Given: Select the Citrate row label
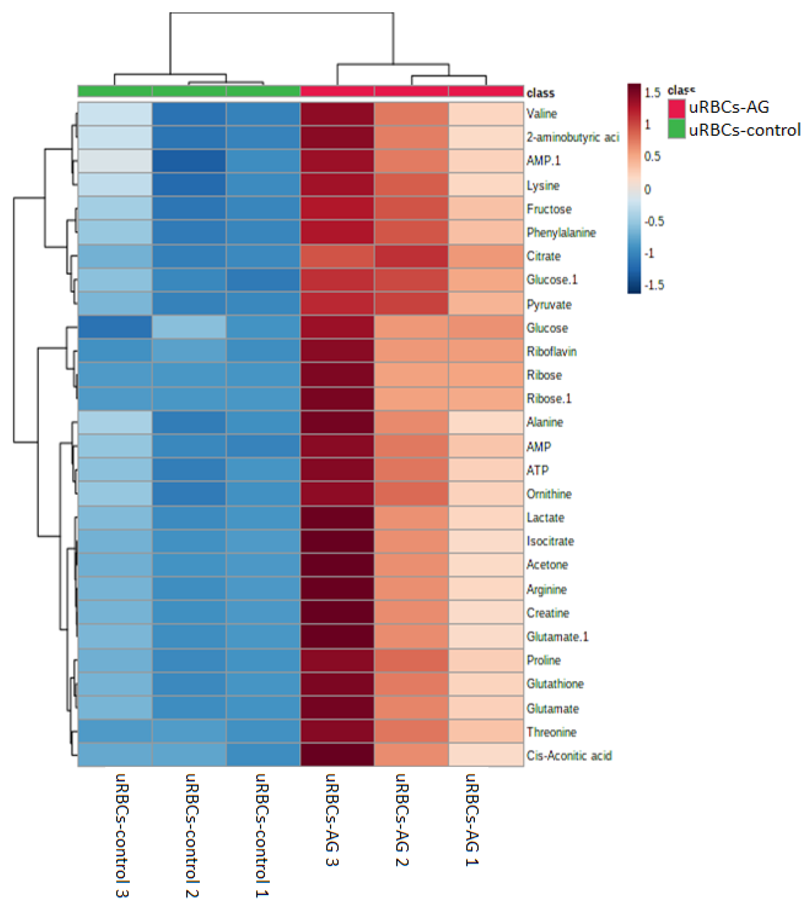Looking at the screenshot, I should (543, 256).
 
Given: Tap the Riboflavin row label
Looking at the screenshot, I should (551, 352).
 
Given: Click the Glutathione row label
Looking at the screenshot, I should (555, 684).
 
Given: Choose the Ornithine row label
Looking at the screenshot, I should (549, 494).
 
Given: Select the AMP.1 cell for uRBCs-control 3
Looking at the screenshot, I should (115, 161).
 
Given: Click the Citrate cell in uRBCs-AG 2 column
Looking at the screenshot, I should (411, 256).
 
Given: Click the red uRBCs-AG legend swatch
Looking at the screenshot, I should (676, 108).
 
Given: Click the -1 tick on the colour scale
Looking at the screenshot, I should (649, 253).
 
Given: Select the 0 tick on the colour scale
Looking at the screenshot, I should (647, 189).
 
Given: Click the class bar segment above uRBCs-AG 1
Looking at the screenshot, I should (485, 91).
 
